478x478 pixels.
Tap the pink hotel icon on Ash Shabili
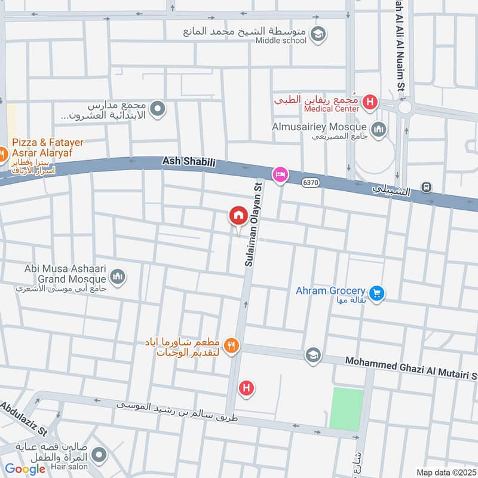(x=279, y=174)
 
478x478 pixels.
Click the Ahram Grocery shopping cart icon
(x=376, y=293)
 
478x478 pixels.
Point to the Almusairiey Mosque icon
(x=379, y=128)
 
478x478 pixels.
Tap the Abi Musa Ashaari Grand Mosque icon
(x=118, y=276)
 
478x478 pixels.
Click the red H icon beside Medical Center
(x=370, y=102)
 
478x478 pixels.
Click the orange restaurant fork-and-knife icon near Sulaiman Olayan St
(x=232, y=345)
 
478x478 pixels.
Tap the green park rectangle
(x=347, y=409)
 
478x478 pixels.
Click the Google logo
(x=25, y=469)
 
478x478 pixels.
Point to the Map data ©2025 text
(x=445, y=473)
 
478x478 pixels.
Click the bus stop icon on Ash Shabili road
(x=427, y=187)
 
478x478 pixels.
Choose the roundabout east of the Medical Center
(x=405, y=108)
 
